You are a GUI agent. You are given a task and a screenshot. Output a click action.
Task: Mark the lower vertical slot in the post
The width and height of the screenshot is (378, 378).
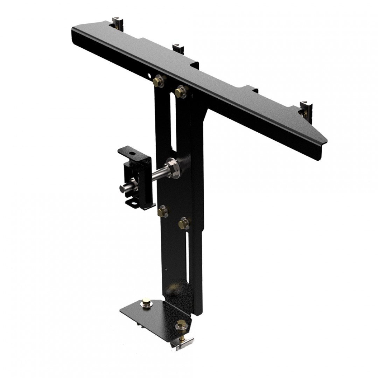[x=189, y=255]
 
